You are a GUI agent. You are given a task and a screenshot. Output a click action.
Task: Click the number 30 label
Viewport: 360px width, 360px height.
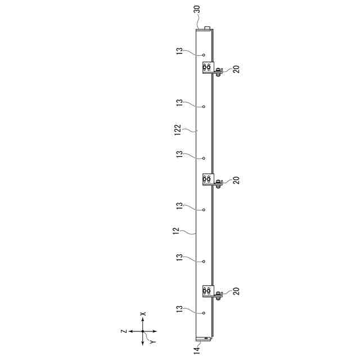point(197,10)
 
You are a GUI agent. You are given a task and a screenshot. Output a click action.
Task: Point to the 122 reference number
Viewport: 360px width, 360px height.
point(178,130)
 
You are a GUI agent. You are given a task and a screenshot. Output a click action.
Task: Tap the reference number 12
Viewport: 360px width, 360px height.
point(176,231)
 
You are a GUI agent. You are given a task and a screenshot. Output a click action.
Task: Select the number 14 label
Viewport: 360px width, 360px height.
point(197,350)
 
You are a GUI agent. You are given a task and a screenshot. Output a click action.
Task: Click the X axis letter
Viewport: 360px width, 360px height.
point(143,314)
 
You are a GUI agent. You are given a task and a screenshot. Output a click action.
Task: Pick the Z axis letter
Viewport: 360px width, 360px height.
point(124,331)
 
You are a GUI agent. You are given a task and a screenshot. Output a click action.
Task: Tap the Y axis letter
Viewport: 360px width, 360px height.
point(152,342)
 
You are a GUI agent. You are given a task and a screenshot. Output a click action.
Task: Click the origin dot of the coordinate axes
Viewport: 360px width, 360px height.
point(142,331)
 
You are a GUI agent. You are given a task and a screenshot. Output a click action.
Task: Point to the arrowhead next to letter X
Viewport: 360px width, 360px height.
point(142,319)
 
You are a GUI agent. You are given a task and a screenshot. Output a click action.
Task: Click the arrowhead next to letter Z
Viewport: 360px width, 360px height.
point(130,331)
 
